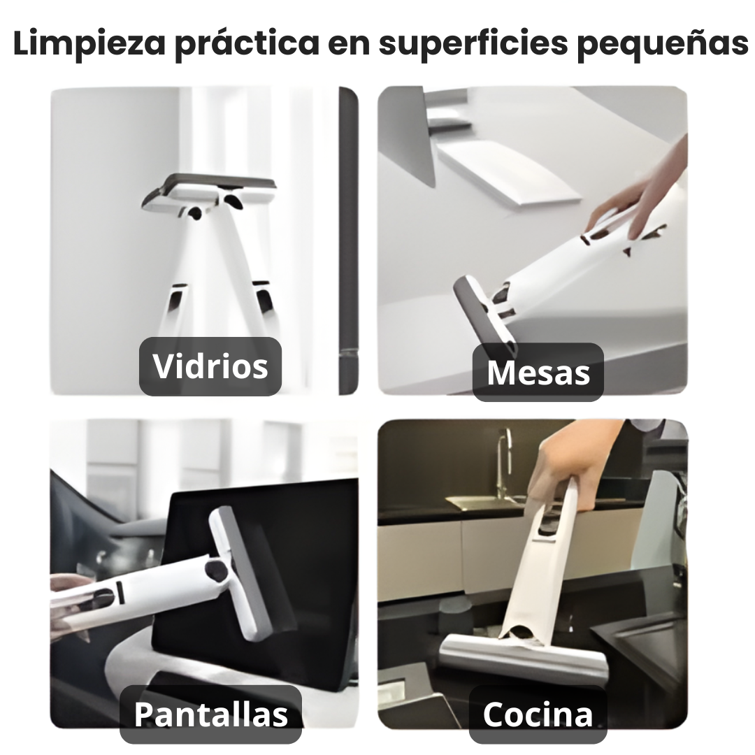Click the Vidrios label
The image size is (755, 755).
point(210,366)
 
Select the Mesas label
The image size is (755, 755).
point(538,372)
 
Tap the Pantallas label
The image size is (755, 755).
point(210,714)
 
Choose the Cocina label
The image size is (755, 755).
point(538,714)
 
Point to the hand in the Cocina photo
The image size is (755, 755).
point(559,461)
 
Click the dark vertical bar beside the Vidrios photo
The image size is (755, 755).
point(348,238)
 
